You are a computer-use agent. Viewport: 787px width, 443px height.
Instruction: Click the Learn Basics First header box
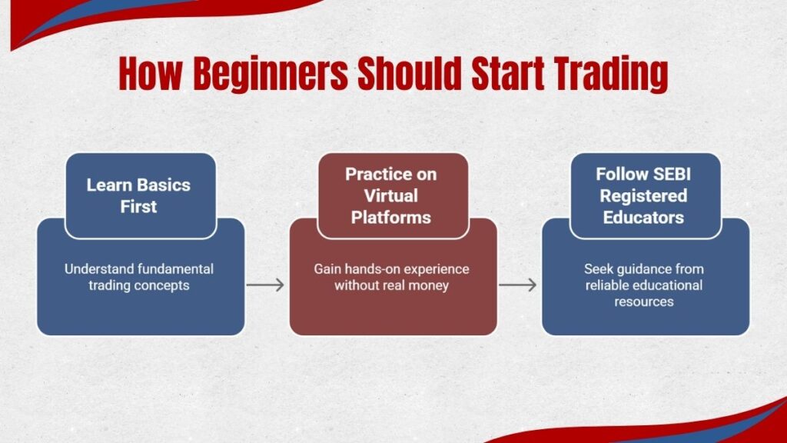click(138, 195)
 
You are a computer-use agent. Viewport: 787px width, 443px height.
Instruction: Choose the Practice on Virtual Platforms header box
click(392, 195)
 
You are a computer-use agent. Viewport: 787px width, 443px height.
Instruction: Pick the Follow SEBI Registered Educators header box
click(645, 195)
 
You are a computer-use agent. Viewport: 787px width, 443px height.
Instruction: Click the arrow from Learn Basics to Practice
click(266, 285)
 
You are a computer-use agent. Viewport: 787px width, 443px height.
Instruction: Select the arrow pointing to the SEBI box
click(518, 285)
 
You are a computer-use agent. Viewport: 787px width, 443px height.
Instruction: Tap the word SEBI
click(669, 174)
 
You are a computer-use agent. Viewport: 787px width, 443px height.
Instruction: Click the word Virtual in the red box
click(393, 195)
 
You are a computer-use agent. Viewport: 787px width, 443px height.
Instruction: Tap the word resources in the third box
click(644, 301)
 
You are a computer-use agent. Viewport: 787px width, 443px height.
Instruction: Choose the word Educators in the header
click(645, 217)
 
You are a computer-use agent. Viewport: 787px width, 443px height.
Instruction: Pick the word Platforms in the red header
click(393, 217)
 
